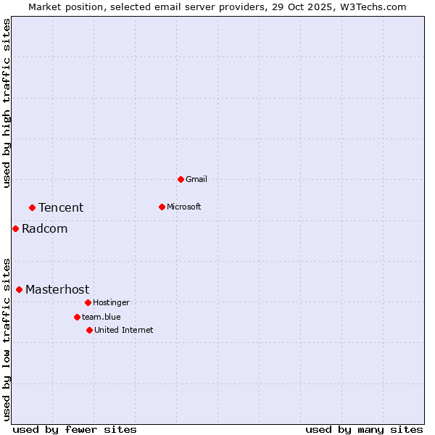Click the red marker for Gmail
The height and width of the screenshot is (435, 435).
pyautogui.click(x=181, y=179)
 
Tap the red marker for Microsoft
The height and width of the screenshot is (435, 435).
pyautogui.click(x=162, y=207)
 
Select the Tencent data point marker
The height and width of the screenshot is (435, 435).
pyautogui.click(x=32, y=207)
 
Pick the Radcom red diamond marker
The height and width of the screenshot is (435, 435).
pyautogui.click(x=15, y=228)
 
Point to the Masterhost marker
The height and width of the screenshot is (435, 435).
pyautogui.click(x=19, y=289)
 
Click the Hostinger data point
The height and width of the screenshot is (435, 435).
pyautogui.click(x=88, y=302)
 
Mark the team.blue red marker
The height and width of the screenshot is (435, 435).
pyautogui.click(x=77, y=317)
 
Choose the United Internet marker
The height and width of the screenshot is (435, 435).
pyautogui.click(x=89, y=330)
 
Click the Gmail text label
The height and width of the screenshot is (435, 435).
pyautogui.click(x=196, y=179)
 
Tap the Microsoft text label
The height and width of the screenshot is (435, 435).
pyautogui.click(x=184, y=207)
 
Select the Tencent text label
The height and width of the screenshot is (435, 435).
pyautogui.click(x=61, y=207)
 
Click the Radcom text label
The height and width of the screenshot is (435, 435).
pyautogui.click(x=44, y=228)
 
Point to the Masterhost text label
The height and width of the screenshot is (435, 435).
pyautogui.click(x=57, y=289)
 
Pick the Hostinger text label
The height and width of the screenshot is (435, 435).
pyautogui.click(x=111, y=302)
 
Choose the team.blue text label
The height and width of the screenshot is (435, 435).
pyautogui.click(x=101, y=317)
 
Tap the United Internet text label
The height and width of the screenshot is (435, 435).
pyautogui.click(x=124, y=330)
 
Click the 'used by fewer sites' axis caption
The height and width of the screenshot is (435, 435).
pyautogui.click(x=75, y=429)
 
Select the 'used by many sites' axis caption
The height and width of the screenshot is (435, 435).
pyautogui.click(x=364, y=429)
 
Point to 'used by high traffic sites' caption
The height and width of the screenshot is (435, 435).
pyautogui.click(x=7, y=103)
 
